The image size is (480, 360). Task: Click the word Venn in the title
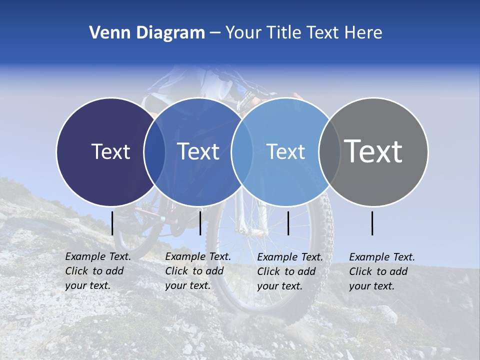click(x=106, y=33)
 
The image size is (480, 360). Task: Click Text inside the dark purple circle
click(x=110, y=151)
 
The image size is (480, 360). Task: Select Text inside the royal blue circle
click(x=198, y=151)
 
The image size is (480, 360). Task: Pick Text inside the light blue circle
click(x=286, y=151)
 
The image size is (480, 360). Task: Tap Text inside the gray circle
click(x=373, y=151)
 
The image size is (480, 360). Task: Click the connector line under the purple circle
click(x=112, y=223)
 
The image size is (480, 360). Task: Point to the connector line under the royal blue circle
click(x=200, y=223)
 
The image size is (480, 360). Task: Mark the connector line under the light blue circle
click(x=288, y=223)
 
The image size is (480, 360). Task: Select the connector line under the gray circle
click(x=372, y=223)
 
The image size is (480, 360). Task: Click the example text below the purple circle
click(x=98, y=271)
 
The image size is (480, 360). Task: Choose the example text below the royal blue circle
click(x=198, y=271)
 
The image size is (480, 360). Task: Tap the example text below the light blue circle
click(x=290, y=271)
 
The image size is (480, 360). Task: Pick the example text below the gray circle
click(x=382, y=271)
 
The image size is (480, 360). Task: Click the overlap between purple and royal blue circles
click(x=154, y=151)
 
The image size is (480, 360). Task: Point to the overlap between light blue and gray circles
click(x=329, y=151)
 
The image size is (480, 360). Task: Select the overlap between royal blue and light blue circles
click(x=242, y=151)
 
